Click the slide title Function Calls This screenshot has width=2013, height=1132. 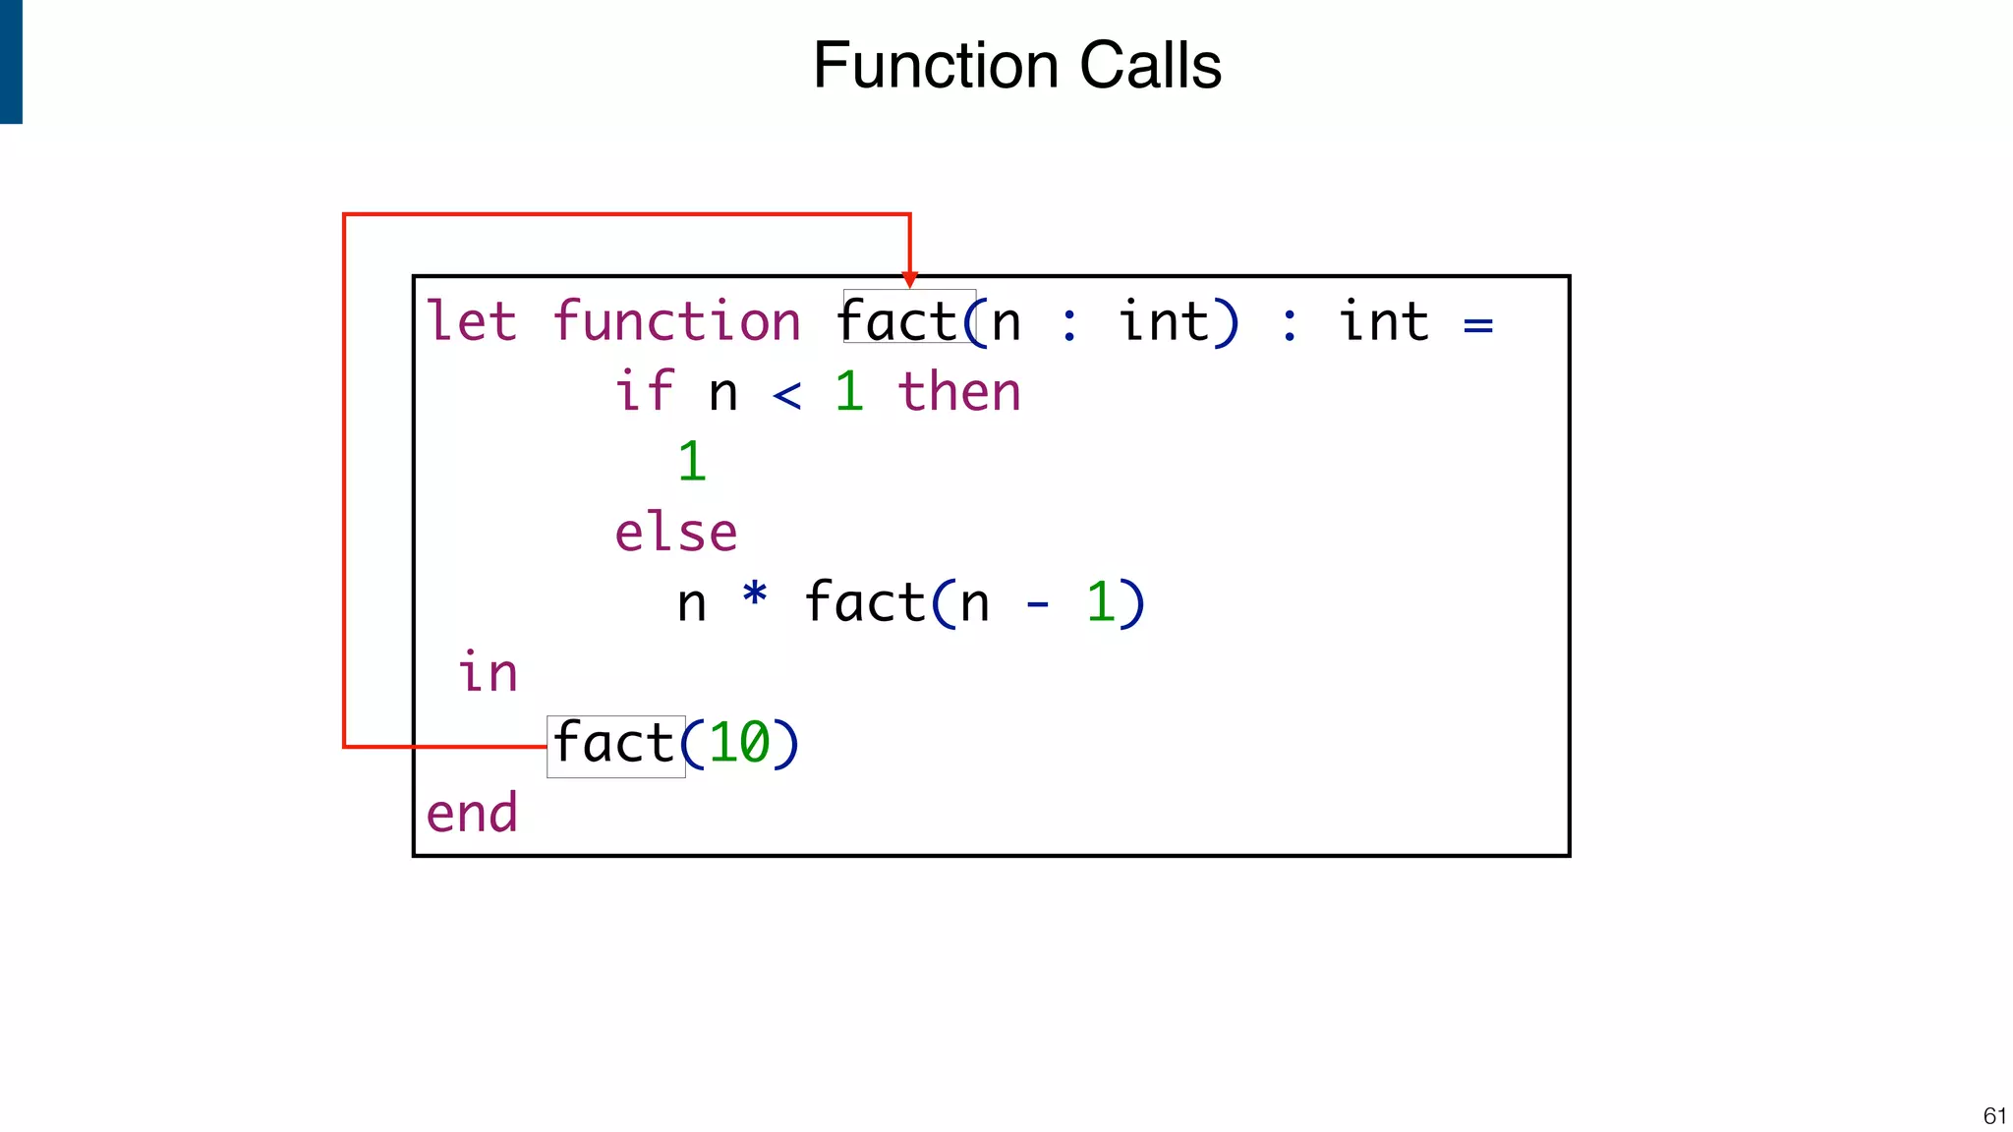tap(1016, 67)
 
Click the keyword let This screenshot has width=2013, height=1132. tap(471, 322)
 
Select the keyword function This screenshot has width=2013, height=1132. tap(676, 322)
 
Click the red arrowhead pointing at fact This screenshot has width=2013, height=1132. tap(910, 279)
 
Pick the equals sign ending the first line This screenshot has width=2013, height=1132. tap(1477, 325)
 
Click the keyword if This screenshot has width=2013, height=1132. tap(644, 391)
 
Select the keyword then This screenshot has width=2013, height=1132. tap(959, 391)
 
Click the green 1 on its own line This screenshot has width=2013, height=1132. tap(692, 462)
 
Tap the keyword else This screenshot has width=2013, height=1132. tap(675, 533)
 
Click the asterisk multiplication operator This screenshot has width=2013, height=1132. tap(754, 595)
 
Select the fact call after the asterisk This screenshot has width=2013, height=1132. tap(865, 602)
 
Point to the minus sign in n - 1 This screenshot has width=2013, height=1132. tap(1037, 605)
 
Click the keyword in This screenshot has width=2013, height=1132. tap(488, 673)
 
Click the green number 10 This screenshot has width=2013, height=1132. tap(739, 744)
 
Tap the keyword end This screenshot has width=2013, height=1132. tap(471, 815)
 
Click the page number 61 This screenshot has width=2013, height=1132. tap(1994, 1115)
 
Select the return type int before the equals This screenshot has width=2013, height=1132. tap(1383, 322)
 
